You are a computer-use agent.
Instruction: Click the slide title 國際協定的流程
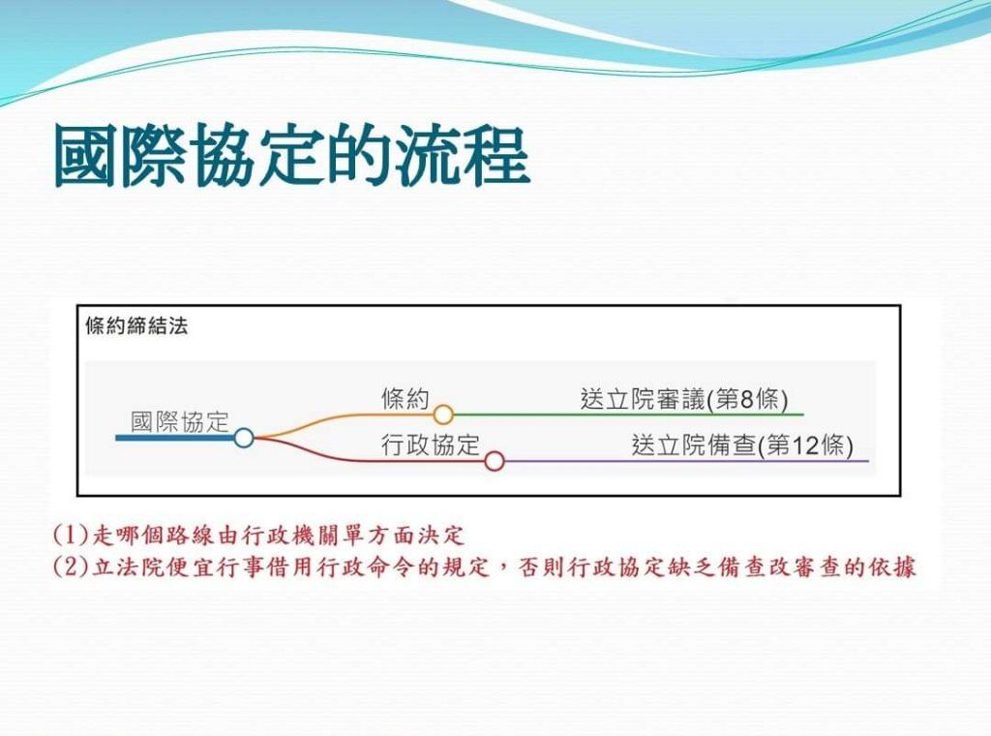click(291, 156)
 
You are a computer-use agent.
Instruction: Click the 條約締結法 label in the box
click(136, 326)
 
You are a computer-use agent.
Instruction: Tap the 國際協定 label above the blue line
click(179, 421)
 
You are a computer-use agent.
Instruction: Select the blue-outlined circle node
click(244, 438)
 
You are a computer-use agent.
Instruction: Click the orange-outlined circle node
click(443, 414)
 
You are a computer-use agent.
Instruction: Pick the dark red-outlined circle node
click(495, 461)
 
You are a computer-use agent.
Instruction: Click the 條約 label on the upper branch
click(405, 398)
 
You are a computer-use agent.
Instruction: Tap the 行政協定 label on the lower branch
click(431, 445)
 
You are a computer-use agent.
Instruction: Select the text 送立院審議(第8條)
click(684, 400)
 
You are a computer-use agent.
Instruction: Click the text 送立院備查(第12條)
click(742, 445)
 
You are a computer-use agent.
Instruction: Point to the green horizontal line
click(628, 414)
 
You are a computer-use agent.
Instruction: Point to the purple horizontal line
click(686, 461)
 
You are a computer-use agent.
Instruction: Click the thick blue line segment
click(175, 438)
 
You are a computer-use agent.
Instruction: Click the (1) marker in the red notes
click(72, 536)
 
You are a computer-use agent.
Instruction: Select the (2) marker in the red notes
click(72, 567)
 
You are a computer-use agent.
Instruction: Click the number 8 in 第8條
click(747, 400)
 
